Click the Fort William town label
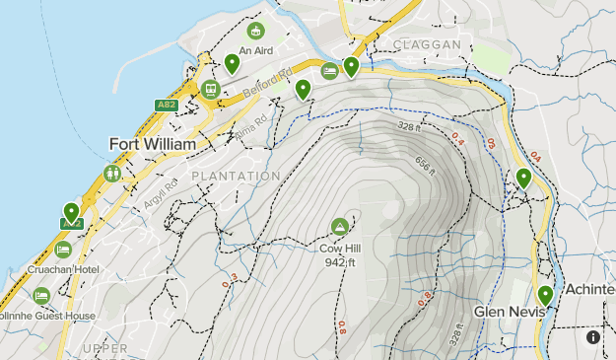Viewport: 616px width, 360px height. pyautogui.click(x=151, y=144)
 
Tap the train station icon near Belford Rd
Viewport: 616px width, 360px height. pyautogui.click(x=209, y=89)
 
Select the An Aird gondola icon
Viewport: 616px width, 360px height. pyautogui.click(x=256, y=32)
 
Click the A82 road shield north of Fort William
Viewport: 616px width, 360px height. pyautogui.click(x=166, y=105)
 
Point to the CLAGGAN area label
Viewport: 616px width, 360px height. pyautogui.click(x=427, y=45)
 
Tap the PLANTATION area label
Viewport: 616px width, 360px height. pyautogui.click(x=236, y=176)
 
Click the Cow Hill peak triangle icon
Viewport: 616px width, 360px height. pyautogui.click(x=340, y=227)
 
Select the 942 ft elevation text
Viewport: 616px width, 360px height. pyautogui.click(x=340, y=261)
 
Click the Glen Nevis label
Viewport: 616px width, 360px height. pyautogui.click(x=510, y=311)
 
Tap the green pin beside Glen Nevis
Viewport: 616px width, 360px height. pyautogui.click(x=545, y=295)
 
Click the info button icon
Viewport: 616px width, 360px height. pyautogui.click(x=593, y=337)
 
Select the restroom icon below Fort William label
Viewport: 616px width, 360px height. pyautogui.click(x=112, y=174)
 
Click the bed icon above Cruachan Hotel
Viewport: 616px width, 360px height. pyautogui.click(x=63, y=249)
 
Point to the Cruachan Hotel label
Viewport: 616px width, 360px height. pyautogui.click(x=63, y=269)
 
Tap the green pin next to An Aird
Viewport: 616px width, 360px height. pyautogui.click(x=232, y=64)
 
